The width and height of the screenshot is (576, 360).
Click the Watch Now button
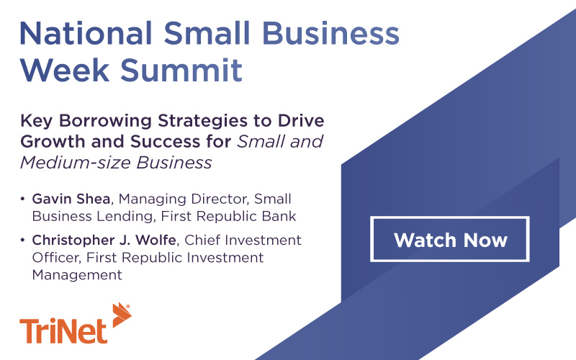pos(450,239)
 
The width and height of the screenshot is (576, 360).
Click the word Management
pos(76,274)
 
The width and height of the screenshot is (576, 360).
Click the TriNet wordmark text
pos(63,330)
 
